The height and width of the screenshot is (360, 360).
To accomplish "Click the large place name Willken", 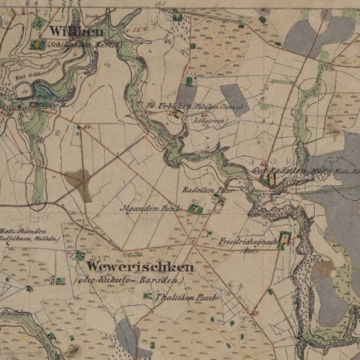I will tap(77, 32).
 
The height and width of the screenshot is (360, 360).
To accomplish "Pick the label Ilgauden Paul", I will tap(150, 209).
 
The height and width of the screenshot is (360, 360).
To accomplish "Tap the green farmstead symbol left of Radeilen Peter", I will tap(193, 209).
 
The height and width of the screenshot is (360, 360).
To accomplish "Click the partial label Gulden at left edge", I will tap(14, 314).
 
